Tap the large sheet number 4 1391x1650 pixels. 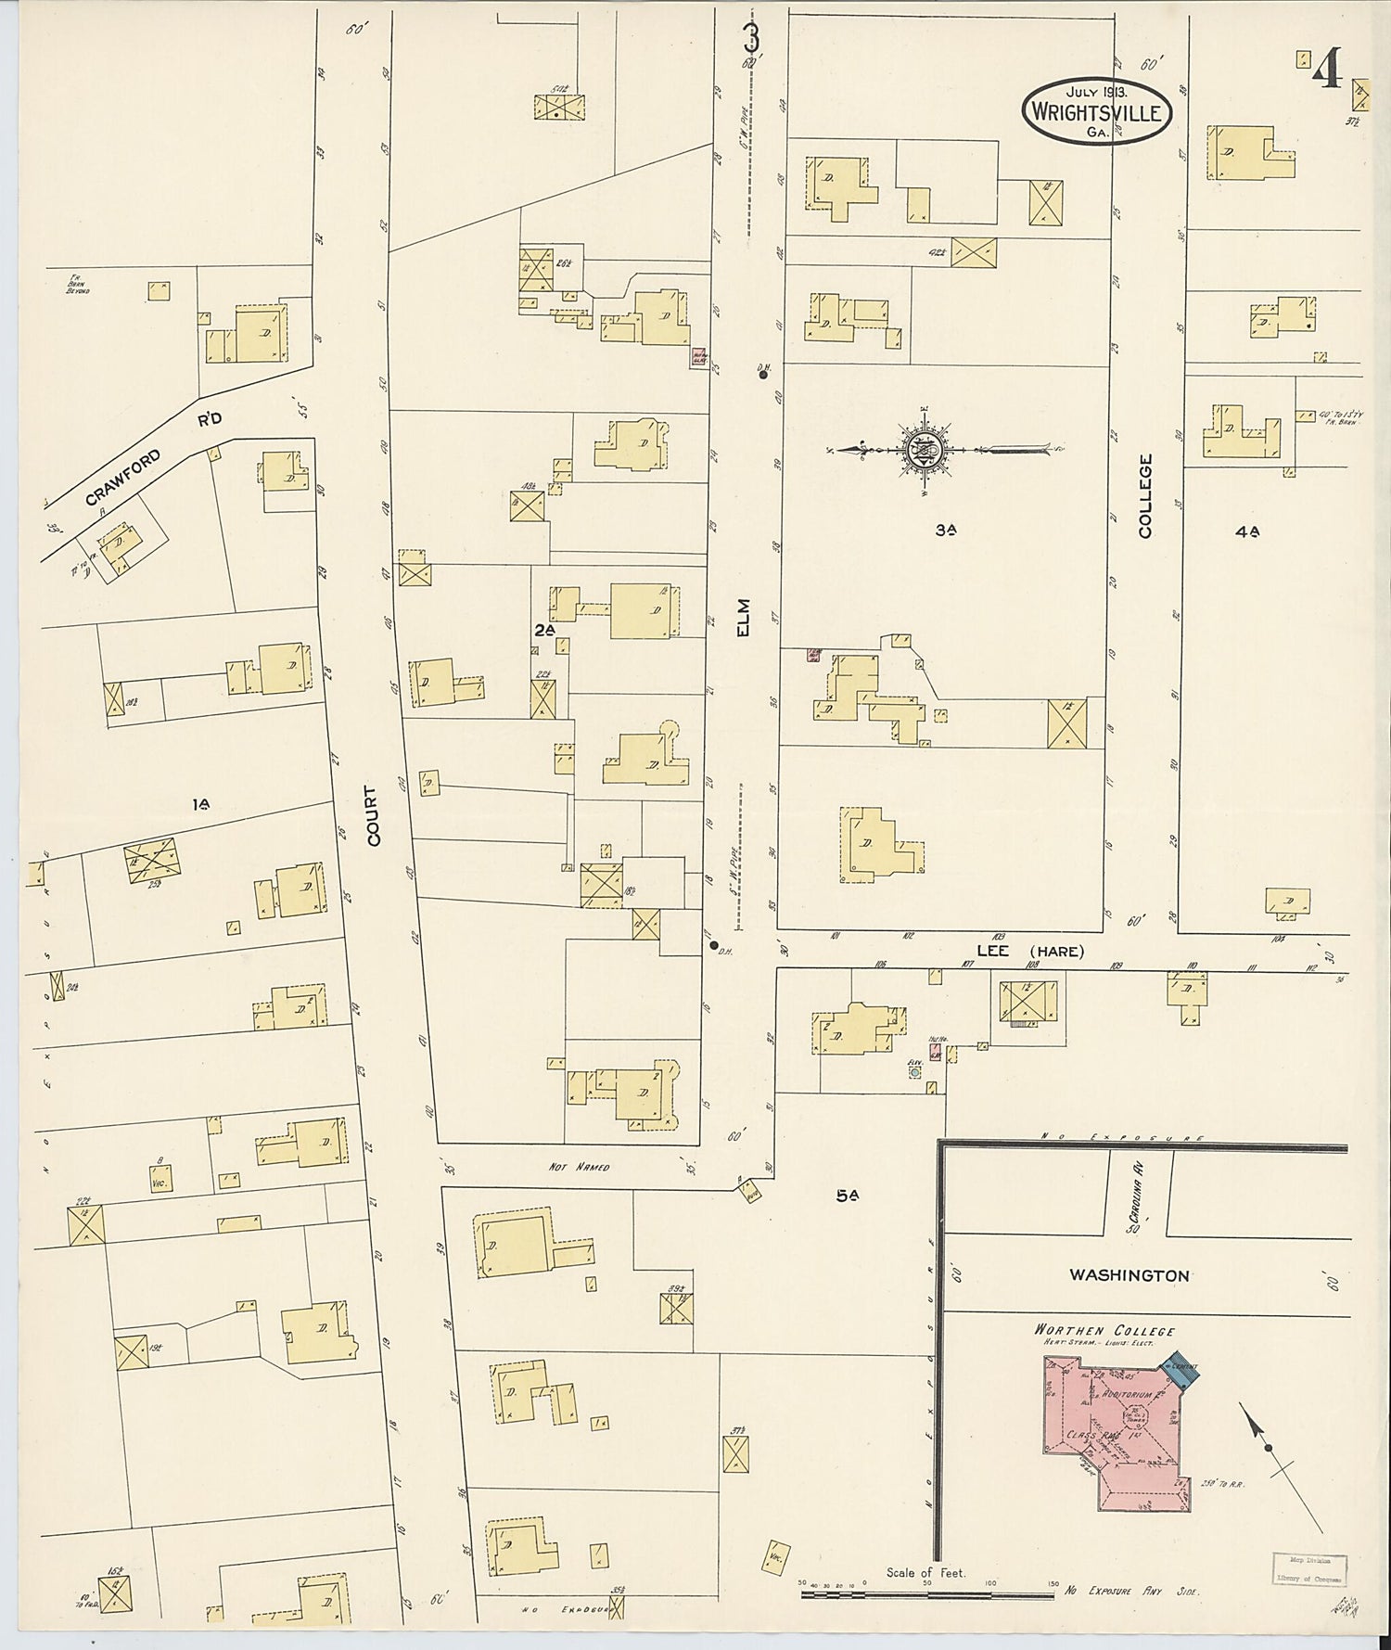1328,69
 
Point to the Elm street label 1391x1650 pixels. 743,617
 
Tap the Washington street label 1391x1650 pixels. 1129,1275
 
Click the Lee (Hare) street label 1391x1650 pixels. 1030,952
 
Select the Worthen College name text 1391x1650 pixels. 1091,1329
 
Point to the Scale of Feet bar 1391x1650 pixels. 927,1595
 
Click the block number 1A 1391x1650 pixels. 201,805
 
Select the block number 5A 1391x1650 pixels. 846,1196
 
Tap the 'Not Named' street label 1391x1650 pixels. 578,1166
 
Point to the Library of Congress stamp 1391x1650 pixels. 1306,1568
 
